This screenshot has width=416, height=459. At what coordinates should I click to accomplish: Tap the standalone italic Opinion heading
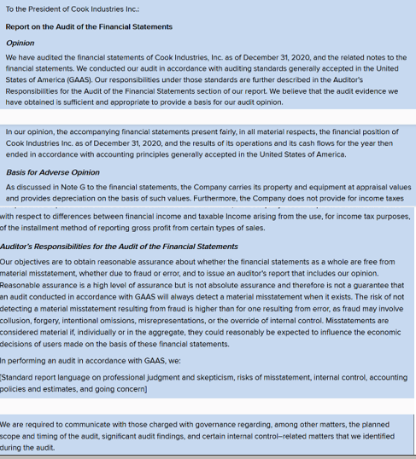[x=20, y=42]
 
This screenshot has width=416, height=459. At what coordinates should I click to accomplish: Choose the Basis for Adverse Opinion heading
[x=52, y=172]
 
